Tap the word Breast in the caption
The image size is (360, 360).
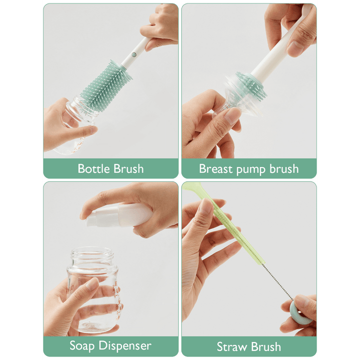tap(215, 168)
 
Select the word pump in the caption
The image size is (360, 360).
tap(251, 169)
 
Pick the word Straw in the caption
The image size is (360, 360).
tap(232, 346)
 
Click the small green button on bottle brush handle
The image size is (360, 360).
tap(134, 54)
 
